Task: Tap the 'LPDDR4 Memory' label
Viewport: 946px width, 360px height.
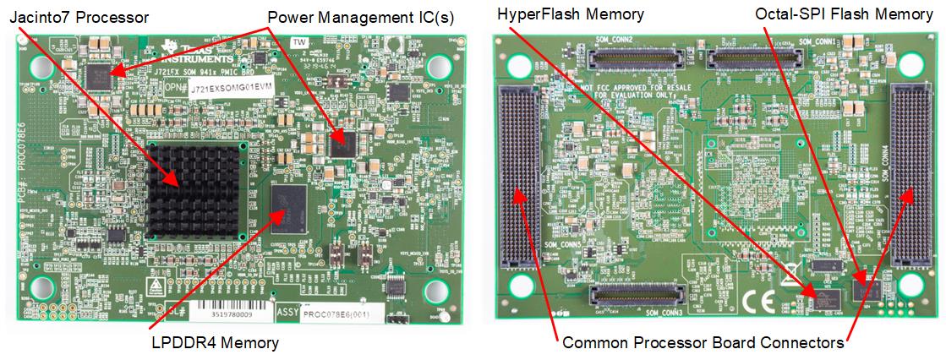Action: pos(214,342)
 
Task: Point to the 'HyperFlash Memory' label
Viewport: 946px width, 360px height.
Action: pos(571,14)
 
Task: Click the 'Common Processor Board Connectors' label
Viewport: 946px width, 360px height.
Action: pos(703,343)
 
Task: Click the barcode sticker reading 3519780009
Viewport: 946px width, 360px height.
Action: pos(228,313)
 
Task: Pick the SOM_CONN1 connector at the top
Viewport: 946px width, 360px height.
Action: pos(757,57)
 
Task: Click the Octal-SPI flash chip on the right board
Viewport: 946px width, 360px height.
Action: pos(866,289)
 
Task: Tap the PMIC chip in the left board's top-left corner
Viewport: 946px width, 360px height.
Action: pos(99,74)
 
